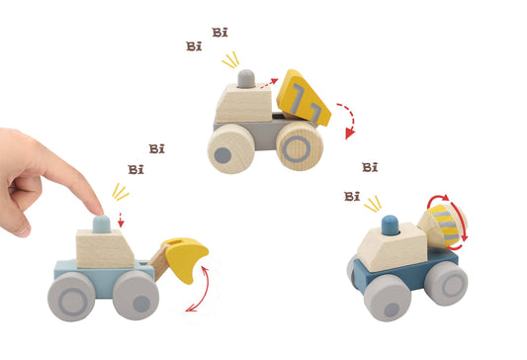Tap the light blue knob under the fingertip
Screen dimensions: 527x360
coord(102,225)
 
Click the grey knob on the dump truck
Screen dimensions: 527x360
coord(246,79)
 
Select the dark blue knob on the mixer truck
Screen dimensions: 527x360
coord(391,225)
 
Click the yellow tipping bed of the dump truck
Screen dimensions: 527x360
coord(303,99)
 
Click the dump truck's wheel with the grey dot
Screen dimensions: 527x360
coord(230,149)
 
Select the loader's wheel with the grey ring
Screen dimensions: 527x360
coord(71,297)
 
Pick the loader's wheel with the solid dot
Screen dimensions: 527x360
coord(135,296)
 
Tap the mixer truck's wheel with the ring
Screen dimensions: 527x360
coord(446,284)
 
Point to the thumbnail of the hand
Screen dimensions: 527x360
coord(23,230)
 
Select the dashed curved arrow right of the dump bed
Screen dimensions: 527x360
coord(350,119)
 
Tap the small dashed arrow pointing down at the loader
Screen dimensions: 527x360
coord(122,220)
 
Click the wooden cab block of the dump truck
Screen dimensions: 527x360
coord(243,103)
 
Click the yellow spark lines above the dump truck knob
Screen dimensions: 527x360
coord(231,59)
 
